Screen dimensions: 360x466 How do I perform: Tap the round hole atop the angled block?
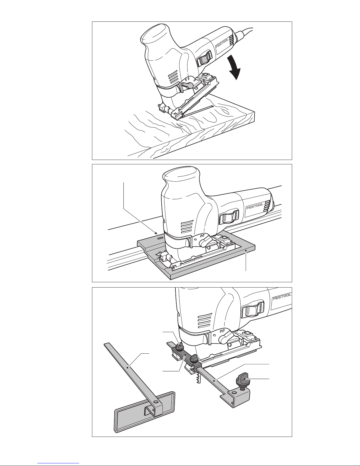pos(234,393)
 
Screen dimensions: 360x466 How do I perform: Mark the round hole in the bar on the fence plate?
pos(156,401)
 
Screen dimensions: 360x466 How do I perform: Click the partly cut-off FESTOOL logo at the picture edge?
pos(282,296)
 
